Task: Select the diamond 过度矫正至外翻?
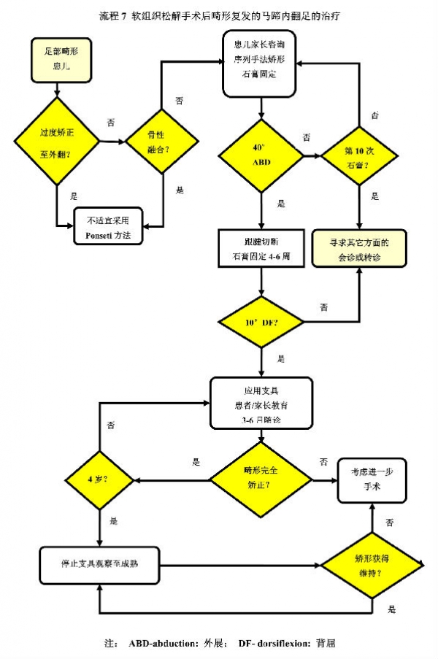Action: tap(58, 142)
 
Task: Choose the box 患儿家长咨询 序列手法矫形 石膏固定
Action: tap(261, 63)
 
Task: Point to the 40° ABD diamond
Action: tap(261, 155)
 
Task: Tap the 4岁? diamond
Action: tap(98, 479)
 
